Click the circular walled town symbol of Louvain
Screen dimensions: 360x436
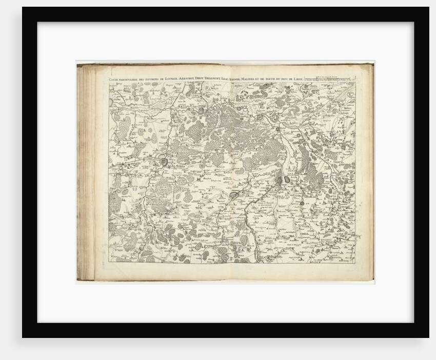(x=163, y=163)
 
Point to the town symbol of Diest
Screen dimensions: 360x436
(x=262, y=117)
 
